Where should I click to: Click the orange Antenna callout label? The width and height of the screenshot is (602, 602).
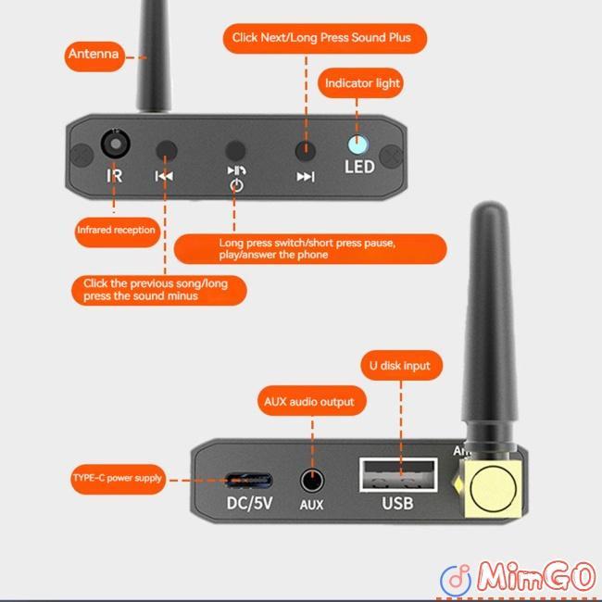coord(94,55)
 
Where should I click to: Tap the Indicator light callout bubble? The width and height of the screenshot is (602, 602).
coord(362,83)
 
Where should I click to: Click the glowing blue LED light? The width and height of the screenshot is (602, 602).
coord(357,144)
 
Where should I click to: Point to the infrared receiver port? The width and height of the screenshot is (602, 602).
coord(115,145)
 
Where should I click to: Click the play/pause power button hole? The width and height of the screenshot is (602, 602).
coord(236,149)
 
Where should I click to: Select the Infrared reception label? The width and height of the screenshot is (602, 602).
coord(116,229)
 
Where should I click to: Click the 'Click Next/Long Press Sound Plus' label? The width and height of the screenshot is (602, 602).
coord(329,38)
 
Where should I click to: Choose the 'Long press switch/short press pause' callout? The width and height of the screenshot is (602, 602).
coord(310,248)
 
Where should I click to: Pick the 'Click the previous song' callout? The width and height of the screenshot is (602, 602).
coord(159,289)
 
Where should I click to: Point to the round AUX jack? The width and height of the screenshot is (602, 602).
coord(312,481)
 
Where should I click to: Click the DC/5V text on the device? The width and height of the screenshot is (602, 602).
coord(249,505)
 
